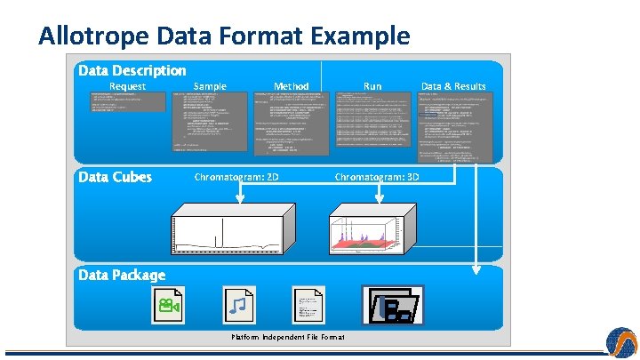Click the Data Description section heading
coord(132,70)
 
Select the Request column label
coord(127,86)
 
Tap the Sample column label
coord(210,86)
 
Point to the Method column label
coord(291,86)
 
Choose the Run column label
coord(372,86)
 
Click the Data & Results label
coord(453,86)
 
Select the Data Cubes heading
coord(115,177)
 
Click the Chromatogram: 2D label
coord(236,177)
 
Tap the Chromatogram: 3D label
coord(377,177)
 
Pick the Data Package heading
coord(122,275)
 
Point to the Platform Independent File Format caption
coord(288,337)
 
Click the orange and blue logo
coord(621,342)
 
